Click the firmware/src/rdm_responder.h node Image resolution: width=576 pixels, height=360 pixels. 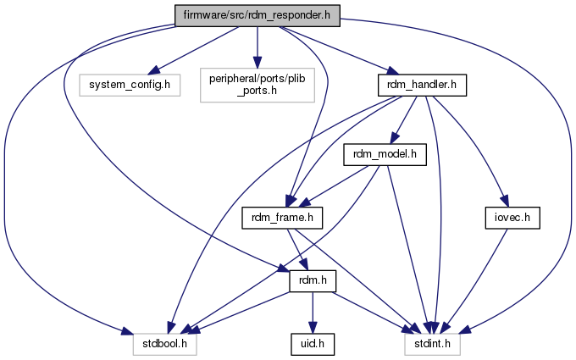click(x=257, y=16)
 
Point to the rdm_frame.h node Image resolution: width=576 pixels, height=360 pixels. click(x=284, y=218)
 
